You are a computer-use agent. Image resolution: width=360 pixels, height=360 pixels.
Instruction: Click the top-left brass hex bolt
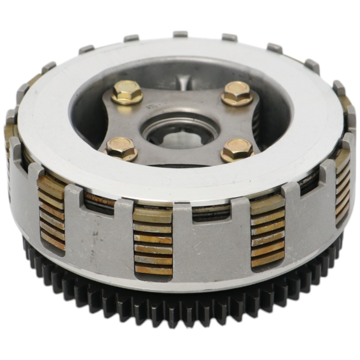[127, 92]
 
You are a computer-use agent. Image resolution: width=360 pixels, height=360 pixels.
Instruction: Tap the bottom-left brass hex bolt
[121, 149]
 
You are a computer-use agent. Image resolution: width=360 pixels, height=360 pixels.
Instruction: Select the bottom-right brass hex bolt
[237, 150]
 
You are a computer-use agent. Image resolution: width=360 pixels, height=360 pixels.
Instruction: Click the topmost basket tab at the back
[180, 34]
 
